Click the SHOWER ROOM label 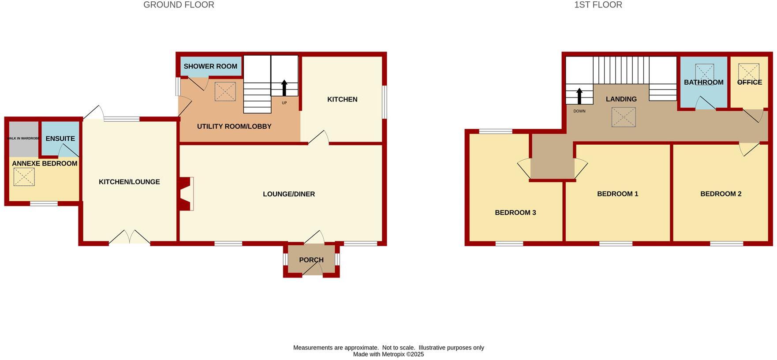point(210,67)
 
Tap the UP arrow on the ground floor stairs point(284,88)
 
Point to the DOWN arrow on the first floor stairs point(579,96)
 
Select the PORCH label point(311,260)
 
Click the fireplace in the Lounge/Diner point(186,194)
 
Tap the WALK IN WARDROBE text point(23,139)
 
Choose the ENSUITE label point(60,139)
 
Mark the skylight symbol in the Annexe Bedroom point(24,177)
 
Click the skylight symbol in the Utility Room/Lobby point(225,92)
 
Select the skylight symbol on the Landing point(624,117)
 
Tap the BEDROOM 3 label point(515,213)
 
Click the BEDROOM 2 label point(721,194)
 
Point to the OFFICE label point(749,82)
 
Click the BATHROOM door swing point(705,104)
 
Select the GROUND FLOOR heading point(179,5)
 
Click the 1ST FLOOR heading point(598,5)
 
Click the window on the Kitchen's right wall point(385,102)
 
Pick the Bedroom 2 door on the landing point(749,149)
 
